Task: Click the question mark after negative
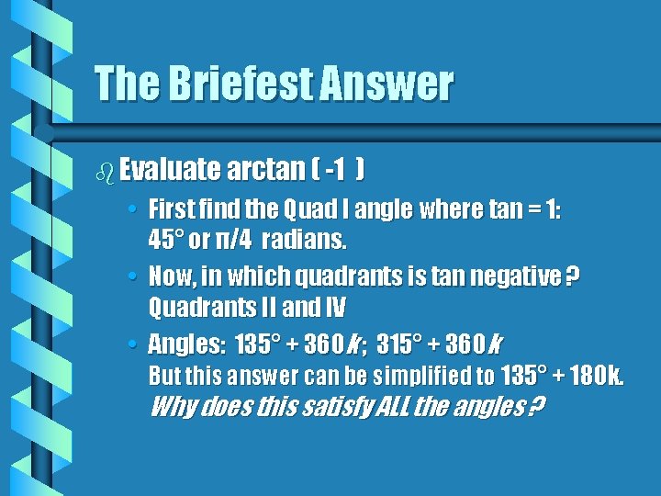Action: click(573, 276)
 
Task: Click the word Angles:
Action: click(185, 344)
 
